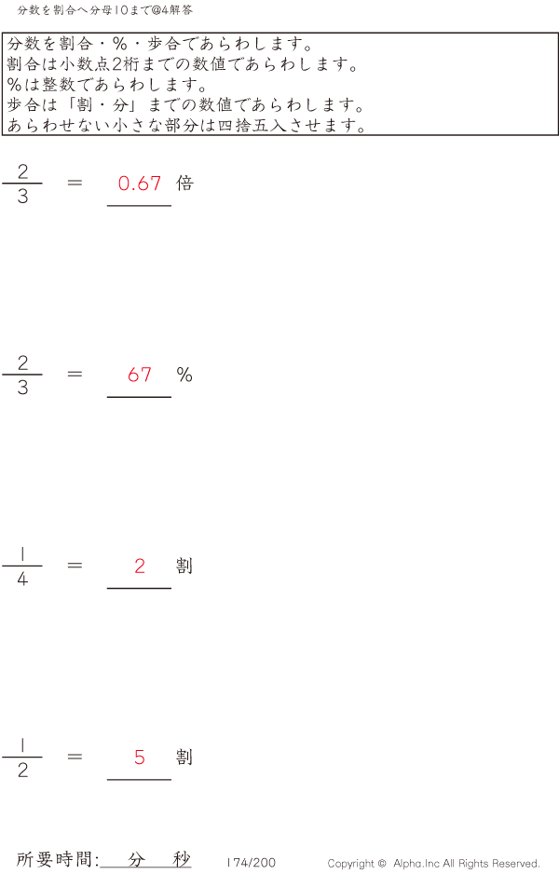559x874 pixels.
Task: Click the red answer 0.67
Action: click(x=140, y=184)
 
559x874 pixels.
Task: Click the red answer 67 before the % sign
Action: click(x=140, y=375)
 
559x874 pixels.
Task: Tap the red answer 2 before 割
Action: click(x=140, y=566)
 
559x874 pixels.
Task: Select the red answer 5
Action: click(x=140, y=758)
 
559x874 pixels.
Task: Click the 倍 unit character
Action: click(x=184, y=184)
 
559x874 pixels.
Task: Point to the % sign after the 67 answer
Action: click(x=184, y=375)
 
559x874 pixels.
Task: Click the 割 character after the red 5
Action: click(x=184, y=758)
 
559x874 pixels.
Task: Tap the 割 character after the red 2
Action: click(x=184, y=566)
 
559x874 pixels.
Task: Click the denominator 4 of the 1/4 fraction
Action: click(x=22, y=580)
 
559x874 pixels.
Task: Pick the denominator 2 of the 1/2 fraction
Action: click(x=22, y=771)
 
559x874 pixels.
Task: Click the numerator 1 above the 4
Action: click(x=22, y=553)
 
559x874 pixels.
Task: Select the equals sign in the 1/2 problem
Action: click(x=75, y=758)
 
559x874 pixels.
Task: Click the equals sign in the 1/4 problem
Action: click(x=75, y=566)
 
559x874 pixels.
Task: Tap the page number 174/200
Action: click(x=251, y=863)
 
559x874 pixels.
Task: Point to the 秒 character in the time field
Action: click(x=181, y=859)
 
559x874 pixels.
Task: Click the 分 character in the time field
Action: click(x=137, y=859)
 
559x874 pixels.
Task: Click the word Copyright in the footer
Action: click(x=352, y=864)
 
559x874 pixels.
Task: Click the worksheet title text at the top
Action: click(x=105, y=10)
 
